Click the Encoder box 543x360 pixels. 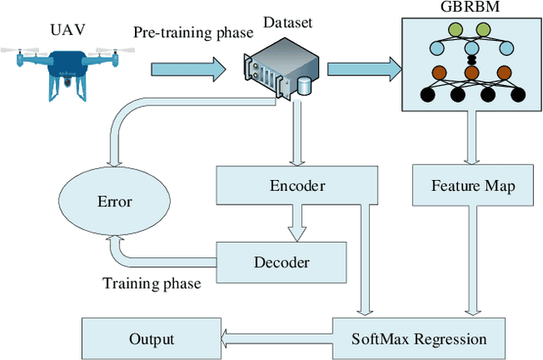[x=293, y=186]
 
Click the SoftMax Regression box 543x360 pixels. [x=419, y=339]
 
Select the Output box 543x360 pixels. [x=151, y=339]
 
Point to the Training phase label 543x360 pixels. [x=151, y=284]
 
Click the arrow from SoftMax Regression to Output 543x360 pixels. [x=276, y=339]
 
